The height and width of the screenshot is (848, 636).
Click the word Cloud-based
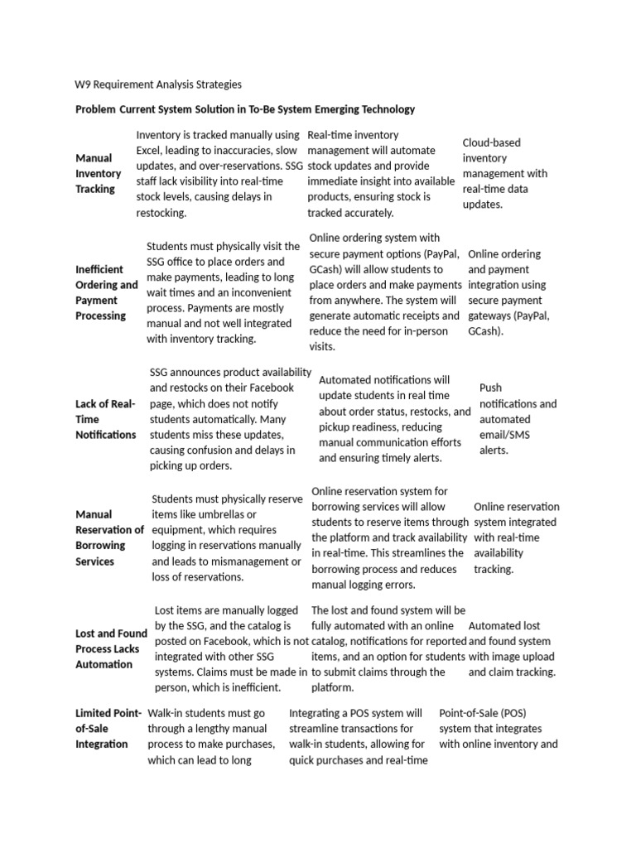(492, 142)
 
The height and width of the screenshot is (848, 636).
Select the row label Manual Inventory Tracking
(99, 174)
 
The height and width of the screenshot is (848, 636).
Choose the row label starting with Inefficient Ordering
(107, 292)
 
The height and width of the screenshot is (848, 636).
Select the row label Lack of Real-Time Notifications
(105, 419)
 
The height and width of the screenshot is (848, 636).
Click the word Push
(491, 388)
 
